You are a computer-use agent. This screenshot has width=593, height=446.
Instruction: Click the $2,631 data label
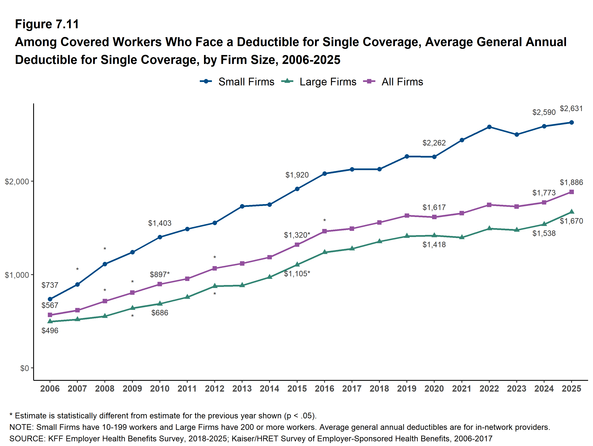tap(571, 109)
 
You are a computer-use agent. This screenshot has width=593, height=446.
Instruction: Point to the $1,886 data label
tap(571, 182)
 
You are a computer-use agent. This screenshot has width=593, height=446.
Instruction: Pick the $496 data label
tap(50, 330)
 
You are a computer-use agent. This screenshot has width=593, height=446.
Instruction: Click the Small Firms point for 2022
tap(489, 127)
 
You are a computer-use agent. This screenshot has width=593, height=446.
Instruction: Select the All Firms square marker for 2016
tap(324, 231)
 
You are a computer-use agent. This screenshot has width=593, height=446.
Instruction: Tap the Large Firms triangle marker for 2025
tap(571, 212)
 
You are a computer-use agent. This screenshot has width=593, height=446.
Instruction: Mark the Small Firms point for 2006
tap(50, 299)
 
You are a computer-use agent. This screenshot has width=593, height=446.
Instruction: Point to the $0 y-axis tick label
tap(24, 368)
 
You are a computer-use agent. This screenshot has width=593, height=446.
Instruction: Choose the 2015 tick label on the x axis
tap(297, 389)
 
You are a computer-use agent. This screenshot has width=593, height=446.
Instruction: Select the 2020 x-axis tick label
tap(434, 389)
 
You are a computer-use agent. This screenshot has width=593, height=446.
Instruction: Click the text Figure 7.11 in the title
tap(47, 24)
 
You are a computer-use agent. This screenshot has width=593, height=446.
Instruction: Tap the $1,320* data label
tap(297, 235)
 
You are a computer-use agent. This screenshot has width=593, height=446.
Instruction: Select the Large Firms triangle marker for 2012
tap(214, 286)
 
